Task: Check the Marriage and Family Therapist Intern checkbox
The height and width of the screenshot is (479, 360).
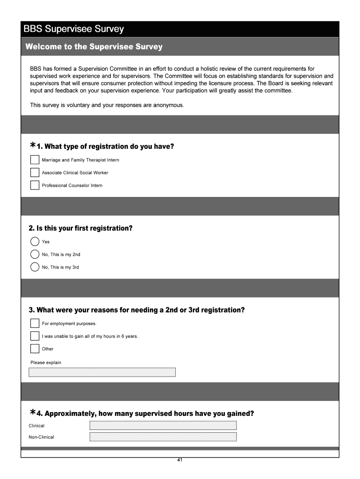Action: coord(35,160)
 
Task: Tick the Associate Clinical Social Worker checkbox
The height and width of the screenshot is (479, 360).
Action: coord(35,173)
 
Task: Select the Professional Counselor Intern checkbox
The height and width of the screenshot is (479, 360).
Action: coord(35,185)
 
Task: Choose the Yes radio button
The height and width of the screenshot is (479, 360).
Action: coord(35,242)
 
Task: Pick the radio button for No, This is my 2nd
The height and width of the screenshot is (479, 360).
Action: coord(35,254)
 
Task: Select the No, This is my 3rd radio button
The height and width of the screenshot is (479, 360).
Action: coord(35,267)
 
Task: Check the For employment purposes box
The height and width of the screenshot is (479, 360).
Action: coord(35,323)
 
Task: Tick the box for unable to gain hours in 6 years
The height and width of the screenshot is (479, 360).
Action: coord(35,336)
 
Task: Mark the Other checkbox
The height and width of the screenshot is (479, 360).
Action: coord(35,348)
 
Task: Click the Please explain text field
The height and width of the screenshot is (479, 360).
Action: coord(102,372)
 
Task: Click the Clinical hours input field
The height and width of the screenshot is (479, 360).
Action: coord(163,425)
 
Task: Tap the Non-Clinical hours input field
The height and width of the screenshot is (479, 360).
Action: coord(163,437)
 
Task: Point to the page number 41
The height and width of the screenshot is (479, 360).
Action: coord(180,460)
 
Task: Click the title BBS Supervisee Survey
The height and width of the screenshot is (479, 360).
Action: coord(74,29)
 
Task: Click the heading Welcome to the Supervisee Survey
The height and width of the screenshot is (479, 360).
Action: coord(94,47)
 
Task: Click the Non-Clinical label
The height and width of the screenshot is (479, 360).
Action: coord(41,437)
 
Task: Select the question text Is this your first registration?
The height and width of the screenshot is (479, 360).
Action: coord(80,228)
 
